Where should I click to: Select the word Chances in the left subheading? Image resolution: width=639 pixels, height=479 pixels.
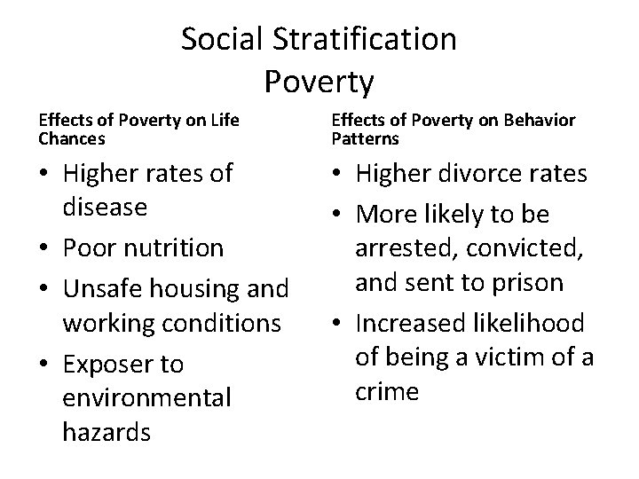72,138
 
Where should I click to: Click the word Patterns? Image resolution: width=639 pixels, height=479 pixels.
365,138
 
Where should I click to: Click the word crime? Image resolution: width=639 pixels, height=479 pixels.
387,390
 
